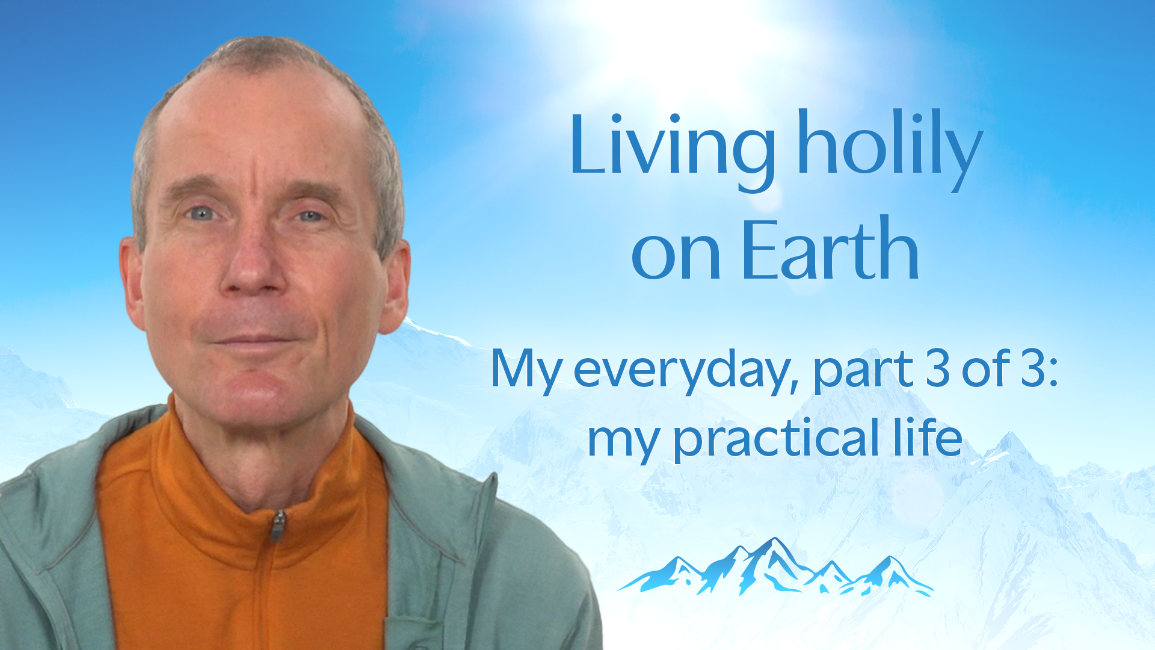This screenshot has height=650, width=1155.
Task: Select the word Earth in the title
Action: click(x=831, y=249)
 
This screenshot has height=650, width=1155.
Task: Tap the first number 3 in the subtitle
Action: click(x=938, y=368)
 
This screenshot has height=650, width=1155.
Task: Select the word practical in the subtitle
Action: click(x=777, y=439)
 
